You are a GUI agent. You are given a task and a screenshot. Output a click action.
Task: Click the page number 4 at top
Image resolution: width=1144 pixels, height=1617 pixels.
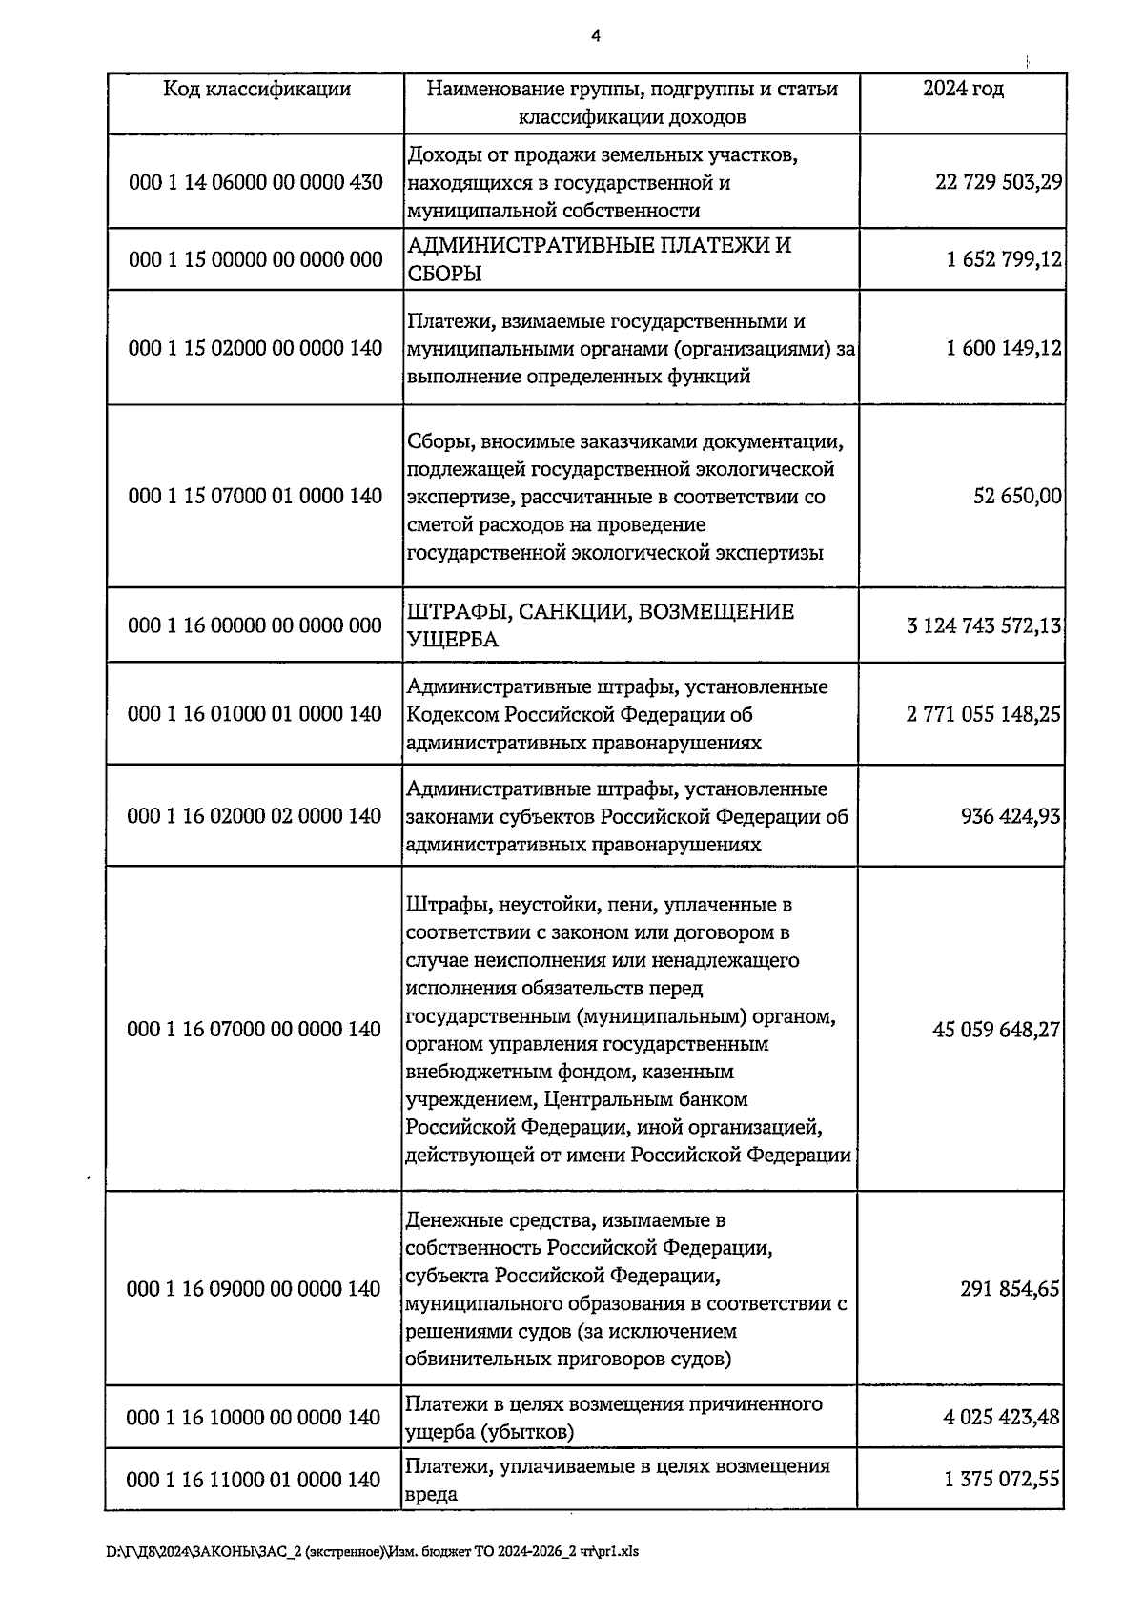[x=596, y=36]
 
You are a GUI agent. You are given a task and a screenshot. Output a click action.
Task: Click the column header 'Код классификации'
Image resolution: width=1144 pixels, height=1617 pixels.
[x=256, y=90]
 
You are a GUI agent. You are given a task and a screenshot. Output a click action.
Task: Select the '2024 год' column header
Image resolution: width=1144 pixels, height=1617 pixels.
[x=963, y=90]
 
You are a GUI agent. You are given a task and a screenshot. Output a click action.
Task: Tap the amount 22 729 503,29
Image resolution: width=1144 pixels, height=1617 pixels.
[x=999, y=182]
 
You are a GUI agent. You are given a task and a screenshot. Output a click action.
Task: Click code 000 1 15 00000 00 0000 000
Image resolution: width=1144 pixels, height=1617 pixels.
[x=255, y=259]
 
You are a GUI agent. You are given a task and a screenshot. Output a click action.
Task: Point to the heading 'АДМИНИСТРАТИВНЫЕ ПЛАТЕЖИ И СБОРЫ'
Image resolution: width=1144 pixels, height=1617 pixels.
[x=599, y=259]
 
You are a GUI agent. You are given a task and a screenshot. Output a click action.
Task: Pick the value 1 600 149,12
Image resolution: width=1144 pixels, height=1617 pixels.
[x=1004, y=348]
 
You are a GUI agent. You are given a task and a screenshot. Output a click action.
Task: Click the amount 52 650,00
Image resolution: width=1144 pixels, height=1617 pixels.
[x=1017, y=497]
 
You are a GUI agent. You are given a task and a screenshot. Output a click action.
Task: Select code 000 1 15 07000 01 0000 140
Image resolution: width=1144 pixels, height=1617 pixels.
[x=255, y=497]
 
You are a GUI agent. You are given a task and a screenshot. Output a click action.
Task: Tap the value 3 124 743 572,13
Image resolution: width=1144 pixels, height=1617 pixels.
[x=984, y=625]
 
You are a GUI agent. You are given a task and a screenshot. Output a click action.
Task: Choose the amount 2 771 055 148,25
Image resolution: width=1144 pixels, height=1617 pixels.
[x=984, y=714]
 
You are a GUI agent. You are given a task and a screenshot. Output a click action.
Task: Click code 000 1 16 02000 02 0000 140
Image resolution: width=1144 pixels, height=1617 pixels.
[x=255, y=816]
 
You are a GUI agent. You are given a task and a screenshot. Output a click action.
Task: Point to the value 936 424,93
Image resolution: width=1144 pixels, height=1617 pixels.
[x=1011, y=816]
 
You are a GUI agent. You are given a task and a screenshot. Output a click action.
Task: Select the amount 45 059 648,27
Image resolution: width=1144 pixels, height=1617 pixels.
[x=997, y=1030]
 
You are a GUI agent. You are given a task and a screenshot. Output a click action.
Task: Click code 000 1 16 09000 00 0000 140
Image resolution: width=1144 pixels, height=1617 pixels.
[x=255, y=1289]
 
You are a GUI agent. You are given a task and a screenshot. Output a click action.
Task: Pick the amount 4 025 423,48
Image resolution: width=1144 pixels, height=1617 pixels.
[x=1002, y=1418]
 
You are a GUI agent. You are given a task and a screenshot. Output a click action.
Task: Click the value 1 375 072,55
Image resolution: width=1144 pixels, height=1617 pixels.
[x=1002, y=1480]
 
